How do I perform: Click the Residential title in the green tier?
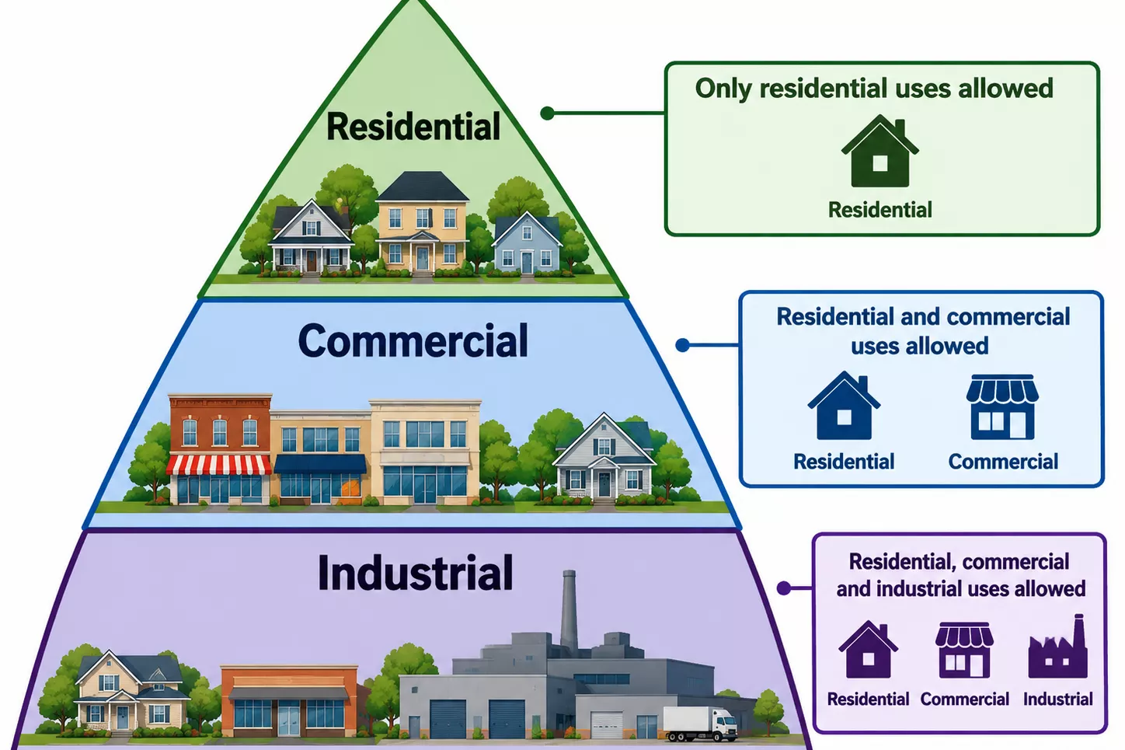point(413,126)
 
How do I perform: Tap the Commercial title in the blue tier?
point(413,340)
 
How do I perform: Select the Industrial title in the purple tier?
point(416,573)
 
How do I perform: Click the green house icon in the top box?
point(880,151)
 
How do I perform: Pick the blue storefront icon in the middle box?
point(1002,407)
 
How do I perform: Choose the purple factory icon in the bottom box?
point(1058,646)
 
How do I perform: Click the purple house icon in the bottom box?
point(869,650)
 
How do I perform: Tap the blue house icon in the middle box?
point(844,406)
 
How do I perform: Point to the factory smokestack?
point(569,610)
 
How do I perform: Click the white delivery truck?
point(700,724)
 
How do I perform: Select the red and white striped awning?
point(219,466)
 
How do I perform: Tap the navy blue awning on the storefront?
point(320,464)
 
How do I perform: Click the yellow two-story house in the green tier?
point(423,223)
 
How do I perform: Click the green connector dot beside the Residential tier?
point(548,113)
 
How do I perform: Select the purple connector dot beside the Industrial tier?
point(783,588)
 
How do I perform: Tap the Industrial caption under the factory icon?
point(1057,699)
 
